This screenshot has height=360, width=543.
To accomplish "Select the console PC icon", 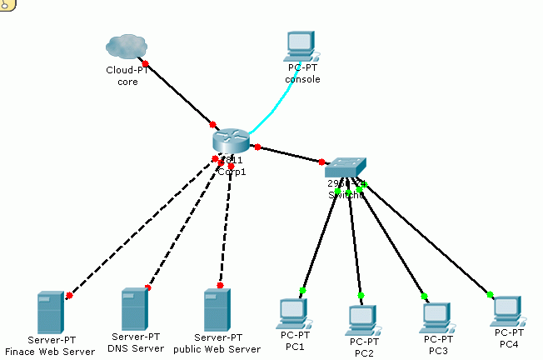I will tap(301, 47).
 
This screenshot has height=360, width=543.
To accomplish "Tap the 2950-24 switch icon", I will tap(345, 167).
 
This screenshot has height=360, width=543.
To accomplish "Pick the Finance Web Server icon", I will tap(50, 312).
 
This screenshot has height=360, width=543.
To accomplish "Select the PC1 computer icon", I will tap(293, 313).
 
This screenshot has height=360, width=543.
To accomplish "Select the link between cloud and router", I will tap(179, 93).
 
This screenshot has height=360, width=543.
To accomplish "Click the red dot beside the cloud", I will tap(146, 63).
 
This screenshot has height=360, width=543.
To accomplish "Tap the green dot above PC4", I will tap(490, 293).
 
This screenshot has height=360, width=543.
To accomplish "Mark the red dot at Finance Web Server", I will tap(69, 295).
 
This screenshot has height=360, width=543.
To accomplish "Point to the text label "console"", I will tap(302, 79).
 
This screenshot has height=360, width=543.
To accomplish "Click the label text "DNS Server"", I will tap(136, 347).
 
